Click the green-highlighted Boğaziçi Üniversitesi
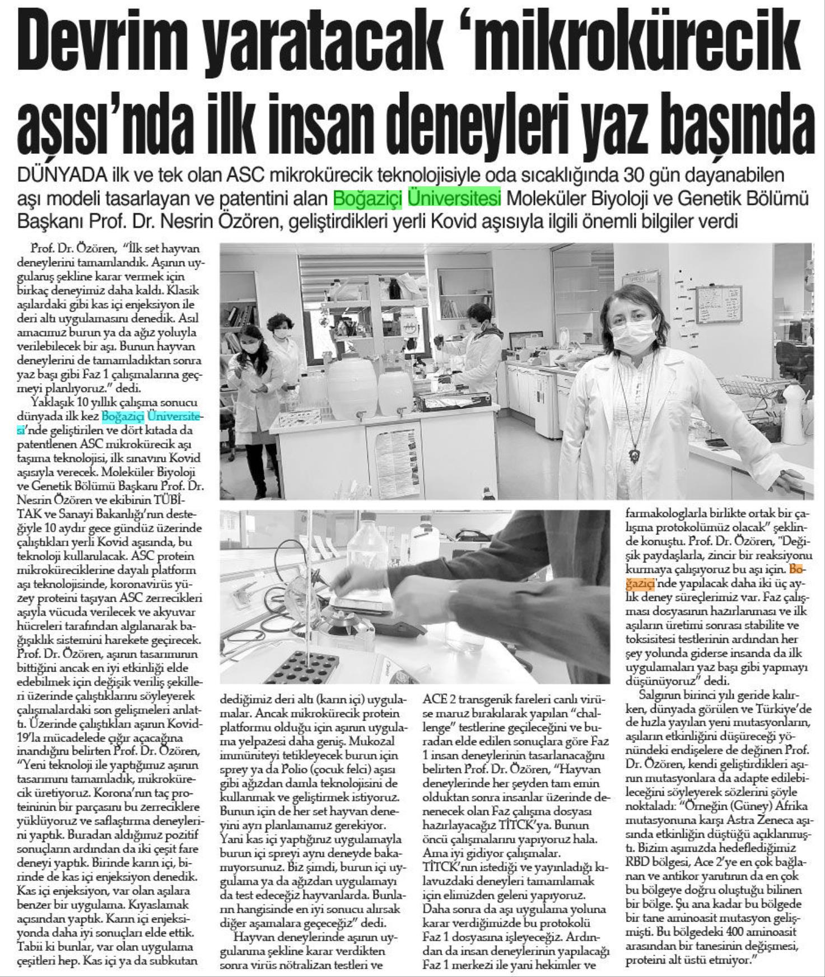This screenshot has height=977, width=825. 417,199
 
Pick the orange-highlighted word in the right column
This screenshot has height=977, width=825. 796,570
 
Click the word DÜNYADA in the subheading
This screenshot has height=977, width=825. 62,175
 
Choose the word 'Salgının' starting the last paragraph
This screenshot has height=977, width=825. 659,696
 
